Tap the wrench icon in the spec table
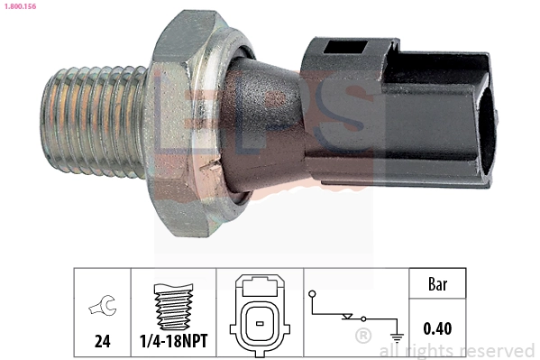pos(101,309)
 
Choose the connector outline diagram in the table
pos(259,311)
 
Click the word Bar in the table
pos(437,283)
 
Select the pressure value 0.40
pos(437,328)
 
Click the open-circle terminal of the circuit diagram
pos(313,293)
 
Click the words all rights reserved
pos(457,351)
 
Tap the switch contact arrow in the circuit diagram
pos(347,317)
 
